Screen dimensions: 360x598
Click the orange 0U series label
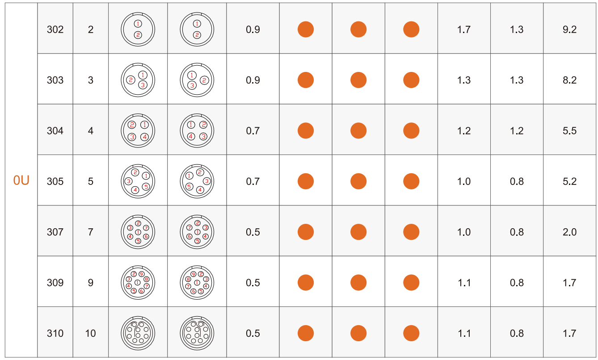tap(21, 181)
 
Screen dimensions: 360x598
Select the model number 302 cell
tap(55, 29)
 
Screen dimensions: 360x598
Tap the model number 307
tap(55, 232)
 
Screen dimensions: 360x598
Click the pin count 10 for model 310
tap(90, 333)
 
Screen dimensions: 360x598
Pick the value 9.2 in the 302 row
tap(569, 29)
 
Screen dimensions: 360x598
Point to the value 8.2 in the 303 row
tap(569, 80)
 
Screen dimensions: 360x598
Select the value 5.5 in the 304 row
tap(569, 131)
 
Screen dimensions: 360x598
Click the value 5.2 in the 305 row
tap(569, 181)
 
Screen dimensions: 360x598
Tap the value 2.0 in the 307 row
tap(569, 232)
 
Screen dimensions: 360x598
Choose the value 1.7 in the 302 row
tap(464, 29)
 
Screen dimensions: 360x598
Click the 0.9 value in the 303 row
tap(253, 80)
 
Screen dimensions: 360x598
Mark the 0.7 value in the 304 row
tap(253, 131)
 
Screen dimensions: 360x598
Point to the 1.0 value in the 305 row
tap(464, 181)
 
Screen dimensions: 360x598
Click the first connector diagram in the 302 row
tap(138, 29)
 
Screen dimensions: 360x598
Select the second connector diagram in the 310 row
tap(197, 333)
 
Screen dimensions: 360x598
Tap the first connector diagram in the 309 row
tap(138, 282)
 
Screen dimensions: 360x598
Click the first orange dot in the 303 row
tap(306, 80)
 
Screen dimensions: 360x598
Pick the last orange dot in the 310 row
tap(411, 333)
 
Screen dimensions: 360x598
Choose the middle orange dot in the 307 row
tap(358, 232)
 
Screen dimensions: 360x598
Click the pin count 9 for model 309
tap(90, 283)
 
